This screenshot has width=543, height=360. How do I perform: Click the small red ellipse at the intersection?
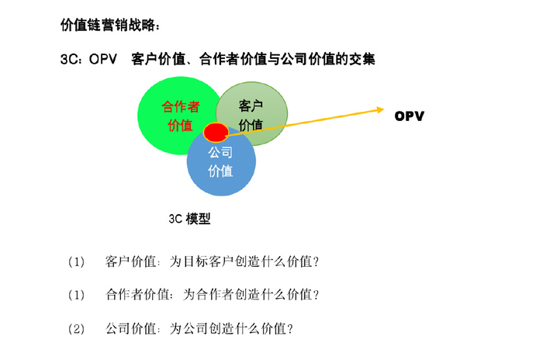tap(216, 132)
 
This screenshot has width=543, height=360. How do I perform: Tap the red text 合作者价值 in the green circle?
tap(180, 116)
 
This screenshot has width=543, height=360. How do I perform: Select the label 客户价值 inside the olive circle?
tap(250, 116)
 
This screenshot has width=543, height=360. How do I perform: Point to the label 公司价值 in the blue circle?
tap(220, 161)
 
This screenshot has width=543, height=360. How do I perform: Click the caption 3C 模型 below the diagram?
tap(190, 219)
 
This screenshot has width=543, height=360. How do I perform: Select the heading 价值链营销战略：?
tap(110, 26)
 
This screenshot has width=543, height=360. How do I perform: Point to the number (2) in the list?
tap(76, 328)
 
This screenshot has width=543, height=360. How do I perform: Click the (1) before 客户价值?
tap(76, 261)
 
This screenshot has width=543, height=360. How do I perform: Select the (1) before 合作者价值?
tap(76, 295)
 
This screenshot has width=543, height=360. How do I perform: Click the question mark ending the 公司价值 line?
tap(290, 328)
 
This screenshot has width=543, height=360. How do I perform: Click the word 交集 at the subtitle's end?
tap(362, 59)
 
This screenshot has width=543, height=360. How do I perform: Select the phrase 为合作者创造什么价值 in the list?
tap(247, 295)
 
